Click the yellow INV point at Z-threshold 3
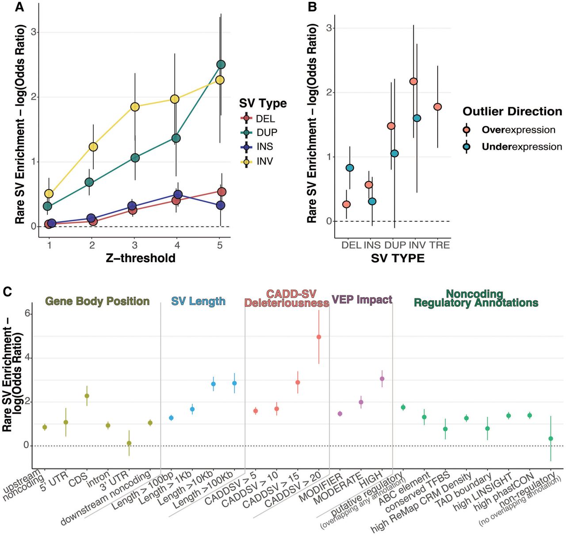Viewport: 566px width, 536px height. [x=135, y=107]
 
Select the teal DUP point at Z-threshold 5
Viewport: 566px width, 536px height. [x=221, y=65]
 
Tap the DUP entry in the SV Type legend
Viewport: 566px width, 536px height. [x=259, y=132]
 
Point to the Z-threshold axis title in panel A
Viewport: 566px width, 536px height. [x=141, y=258]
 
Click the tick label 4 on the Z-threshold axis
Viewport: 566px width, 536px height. [x=177, y=245]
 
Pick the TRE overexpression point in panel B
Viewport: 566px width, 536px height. [x=438, y=107]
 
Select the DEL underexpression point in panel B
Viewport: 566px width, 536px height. [x=350, y=168]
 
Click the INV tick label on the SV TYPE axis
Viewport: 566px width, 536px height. [x=417, y=245]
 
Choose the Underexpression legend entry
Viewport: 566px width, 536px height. [x=512, y=147]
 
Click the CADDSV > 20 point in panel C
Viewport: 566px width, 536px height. [x=319, y=337]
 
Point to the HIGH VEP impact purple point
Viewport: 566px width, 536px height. [x=382, y=379]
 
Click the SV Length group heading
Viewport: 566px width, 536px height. [x=199, y=301]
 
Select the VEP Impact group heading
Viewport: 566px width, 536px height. [x=362, y=299]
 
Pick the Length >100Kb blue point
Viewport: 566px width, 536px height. [x=234, y=383]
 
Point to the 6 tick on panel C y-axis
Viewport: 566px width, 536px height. [x=27, y=313]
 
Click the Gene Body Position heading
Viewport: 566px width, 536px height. [x=98, y=301]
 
